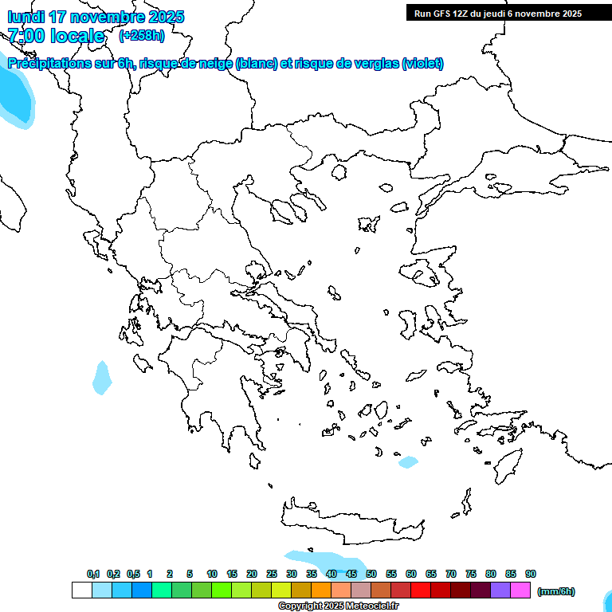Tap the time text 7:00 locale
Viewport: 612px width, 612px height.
[x=56, y=36]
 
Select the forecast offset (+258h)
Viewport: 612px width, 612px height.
[x=142, y=36]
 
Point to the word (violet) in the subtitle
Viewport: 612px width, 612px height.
[x=423, y=64]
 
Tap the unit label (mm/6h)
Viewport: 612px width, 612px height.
[x=555, y=591]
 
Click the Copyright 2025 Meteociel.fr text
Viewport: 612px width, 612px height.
[x=338, y=606]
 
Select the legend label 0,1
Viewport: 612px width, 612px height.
[x=93, y=574]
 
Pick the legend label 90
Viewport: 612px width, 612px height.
[x=531, y=574]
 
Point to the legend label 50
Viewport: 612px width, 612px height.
[x=371, y=574]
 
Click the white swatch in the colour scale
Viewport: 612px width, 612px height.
[x=81, y=590]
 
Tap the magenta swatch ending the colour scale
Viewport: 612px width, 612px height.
[x=520, y=590]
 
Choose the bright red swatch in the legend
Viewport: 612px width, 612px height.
[x=421, y=590]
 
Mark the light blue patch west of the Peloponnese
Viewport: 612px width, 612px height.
[x=102, y=378]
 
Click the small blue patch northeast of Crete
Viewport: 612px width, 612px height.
[x=408, y=462]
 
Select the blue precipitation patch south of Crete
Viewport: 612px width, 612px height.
[x=319, y=560]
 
